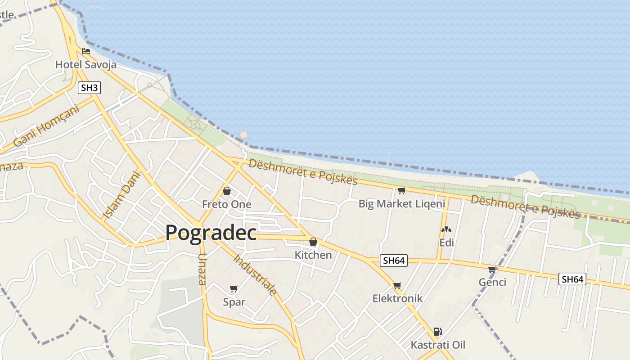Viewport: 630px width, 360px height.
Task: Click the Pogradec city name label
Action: pos(211,233)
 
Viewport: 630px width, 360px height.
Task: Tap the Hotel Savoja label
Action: pos(85,65)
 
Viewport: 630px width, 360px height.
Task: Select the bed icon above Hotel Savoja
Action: pos(86,51)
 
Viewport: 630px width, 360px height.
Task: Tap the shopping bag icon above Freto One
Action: pos(227,191)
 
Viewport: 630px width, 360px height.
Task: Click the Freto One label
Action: pos(226,204)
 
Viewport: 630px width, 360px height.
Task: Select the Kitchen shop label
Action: pos(313,255)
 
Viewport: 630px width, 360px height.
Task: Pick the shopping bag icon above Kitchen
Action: pos(313,242)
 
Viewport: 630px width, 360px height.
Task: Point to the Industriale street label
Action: pos(255,274)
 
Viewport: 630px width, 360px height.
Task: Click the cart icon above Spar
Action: pos(234,288)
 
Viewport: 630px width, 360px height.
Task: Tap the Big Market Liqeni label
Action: pos(401,204)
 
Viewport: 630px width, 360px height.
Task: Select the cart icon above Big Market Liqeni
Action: pos(401,190)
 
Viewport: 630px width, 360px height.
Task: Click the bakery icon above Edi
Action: pos(446,229)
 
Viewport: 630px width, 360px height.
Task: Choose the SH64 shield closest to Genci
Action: pos(572,279)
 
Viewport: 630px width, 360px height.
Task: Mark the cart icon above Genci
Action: pos(492,269)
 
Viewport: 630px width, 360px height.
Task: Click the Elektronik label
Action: pos(397,298)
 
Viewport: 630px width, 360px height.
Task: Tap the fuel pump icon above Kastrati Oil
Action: pos(437,332)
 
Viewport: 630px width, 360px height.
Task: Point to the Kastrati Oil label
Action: pos(438,345)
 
